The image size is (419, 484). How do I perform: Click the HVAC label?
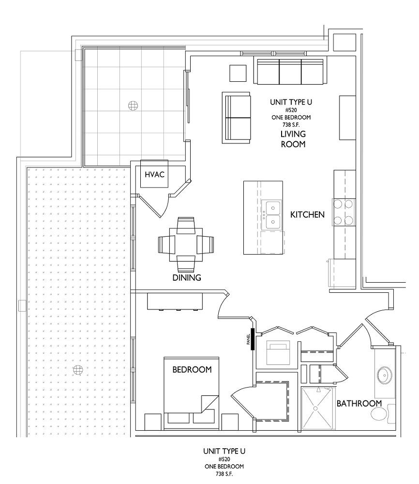coord(154,174)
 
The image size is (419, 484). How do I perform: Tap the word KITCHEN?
coord(307,214)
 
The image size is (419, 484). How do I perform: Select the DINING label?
coord(187,277)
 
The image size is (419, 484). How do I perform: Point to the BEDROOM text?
coord(192,369)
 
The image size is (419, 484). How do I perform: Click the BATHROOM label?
coord(359,404)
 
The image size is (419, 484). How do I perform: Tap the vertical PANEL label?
coord(248,339)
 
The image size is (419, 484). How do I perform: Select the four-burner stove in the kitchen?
coord(344,212)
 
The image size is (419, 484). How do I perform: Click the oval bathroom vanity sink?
coord(385,376)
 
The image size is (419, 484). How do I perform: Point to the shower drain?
coord(315,408)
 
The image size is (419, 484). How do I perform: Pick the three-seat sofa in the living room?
coord(290,72)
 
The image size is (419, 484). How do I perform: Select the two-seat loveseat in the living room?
coord(236,118)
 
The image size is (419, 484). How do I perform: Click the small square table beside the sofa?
coord(238,73)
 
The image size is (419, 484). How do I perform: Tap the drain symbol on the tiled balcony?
coord(133,106)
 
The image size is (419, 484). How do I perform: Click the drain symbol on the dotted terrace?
coord(78,369)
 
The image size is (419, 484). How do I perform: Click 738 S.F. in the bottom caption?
coord(224,473)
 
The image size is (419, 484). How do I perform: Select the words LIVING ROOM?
coord(293,139)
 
